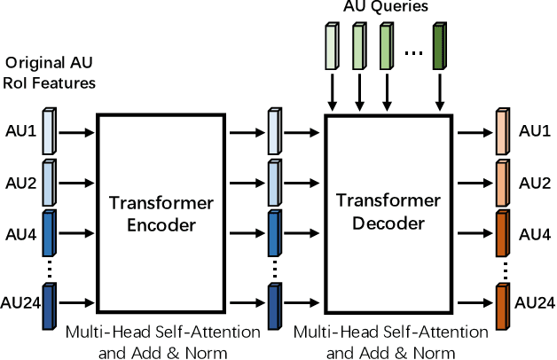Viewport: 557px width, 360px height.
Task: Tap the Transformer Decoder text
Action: pos(390,211)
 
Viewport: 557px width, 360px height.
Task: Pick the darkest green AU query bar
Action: pos(440,44)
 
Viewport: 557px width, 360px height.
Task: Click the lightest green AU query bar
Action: pos(332,44)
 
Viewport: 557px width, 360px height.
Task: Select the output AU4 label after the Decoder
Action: pos(535,234)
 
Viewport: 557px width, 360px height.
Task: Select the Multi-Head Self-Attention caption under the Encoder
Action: pos(163,332)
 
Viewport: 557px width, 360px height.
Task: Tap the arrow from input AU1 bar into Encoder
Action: pos(77,132)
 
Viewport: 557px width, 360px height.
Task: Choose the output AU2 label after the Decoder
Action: pos(535,183)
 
